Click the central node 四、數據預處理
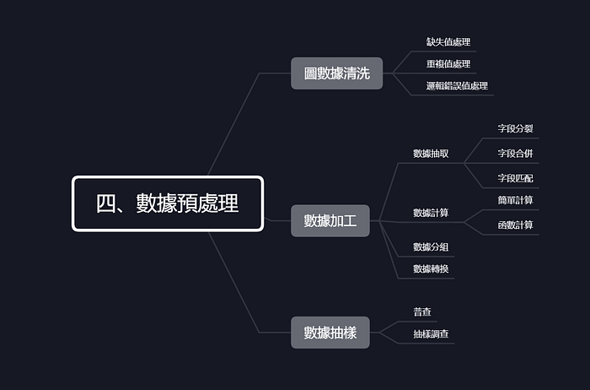point(167,203)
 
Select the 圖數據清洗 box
point(336,73)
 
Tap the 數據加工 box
point(330,221)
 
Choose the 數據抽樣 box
point(330,333)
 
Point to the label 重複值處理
point(448,63)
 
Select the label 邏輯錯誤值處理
point(457,85)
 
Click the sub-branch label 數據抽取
point(431,154)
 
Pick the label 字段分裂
point(515,129)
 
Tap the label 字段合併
point(515,154)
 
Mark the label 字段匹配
point(515,178)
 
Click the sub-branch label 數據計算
point(431,213)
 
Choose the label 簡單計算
point(515,201)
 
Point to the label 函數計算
point(515,225)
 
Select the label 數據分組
point(431,246)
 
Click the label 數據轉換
point(431,268)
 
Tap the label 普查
point(422,312)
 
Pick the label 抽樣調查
point(431,334)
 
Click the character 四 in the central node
point(106,203)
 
